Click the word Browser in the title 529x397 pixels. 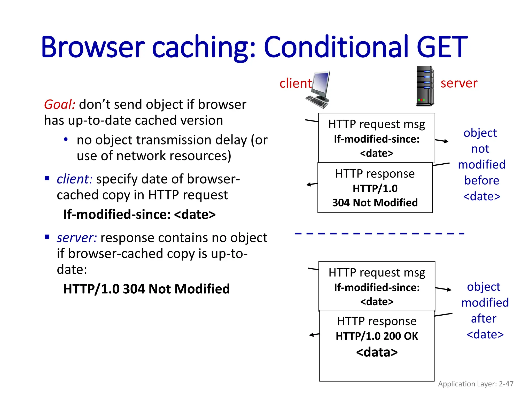[x=92, y=47]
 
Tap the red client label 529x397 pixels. [x=295, y=83]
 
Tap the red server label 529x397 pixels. [x=459, y=83]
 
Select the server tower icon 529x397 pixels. [x=425, y=86]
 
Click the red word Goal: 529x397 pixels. [x=60, y=104]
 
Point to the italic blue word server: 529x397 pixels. [x=77, y=238]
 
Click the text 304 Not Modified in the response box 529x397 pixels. [x=375, y=203]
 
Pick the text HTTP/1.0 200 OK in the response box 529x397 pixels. [x=377, y=336]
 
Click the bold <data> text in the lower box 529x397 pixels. [x=377, y=352]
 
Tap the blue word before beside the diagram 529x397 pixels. [x=481, y=180]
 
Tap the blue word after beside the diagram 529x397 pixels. [x=484, y=318]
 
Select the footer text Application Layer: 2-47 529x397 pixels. [x=476, y=384]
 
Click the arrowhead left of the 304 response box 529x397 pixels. [x=308, y=185]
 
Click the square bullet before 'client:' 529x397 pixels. [x=47, y=178]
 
